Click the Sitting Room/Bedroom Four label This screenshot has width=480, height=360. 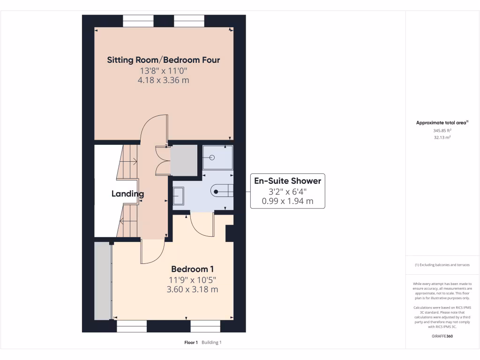point(164,60)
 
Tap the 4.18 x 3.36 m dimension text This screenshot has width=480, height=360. point(164,80)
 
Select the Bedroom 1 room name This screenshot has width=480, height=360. point(193,269)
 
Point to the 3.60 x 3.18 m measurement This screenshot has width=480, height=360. point(193,289)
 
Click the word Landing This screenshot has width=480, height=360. point(127,194)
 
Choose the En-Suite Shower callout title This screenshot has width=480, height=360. point(287,181)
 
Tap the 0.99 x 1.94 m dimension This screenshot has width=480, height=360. point(287,202)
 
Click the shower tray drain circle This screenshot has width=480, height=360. point(212,158)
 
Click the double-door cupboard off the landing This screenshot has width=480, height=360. point(184,161)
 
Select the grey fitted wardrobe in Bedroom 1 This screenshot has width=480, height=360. point(103,281)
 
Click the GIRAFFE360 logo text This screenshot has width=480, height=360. point(442,336)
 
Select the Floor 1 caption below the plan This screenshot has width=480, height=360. point(191,343)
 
